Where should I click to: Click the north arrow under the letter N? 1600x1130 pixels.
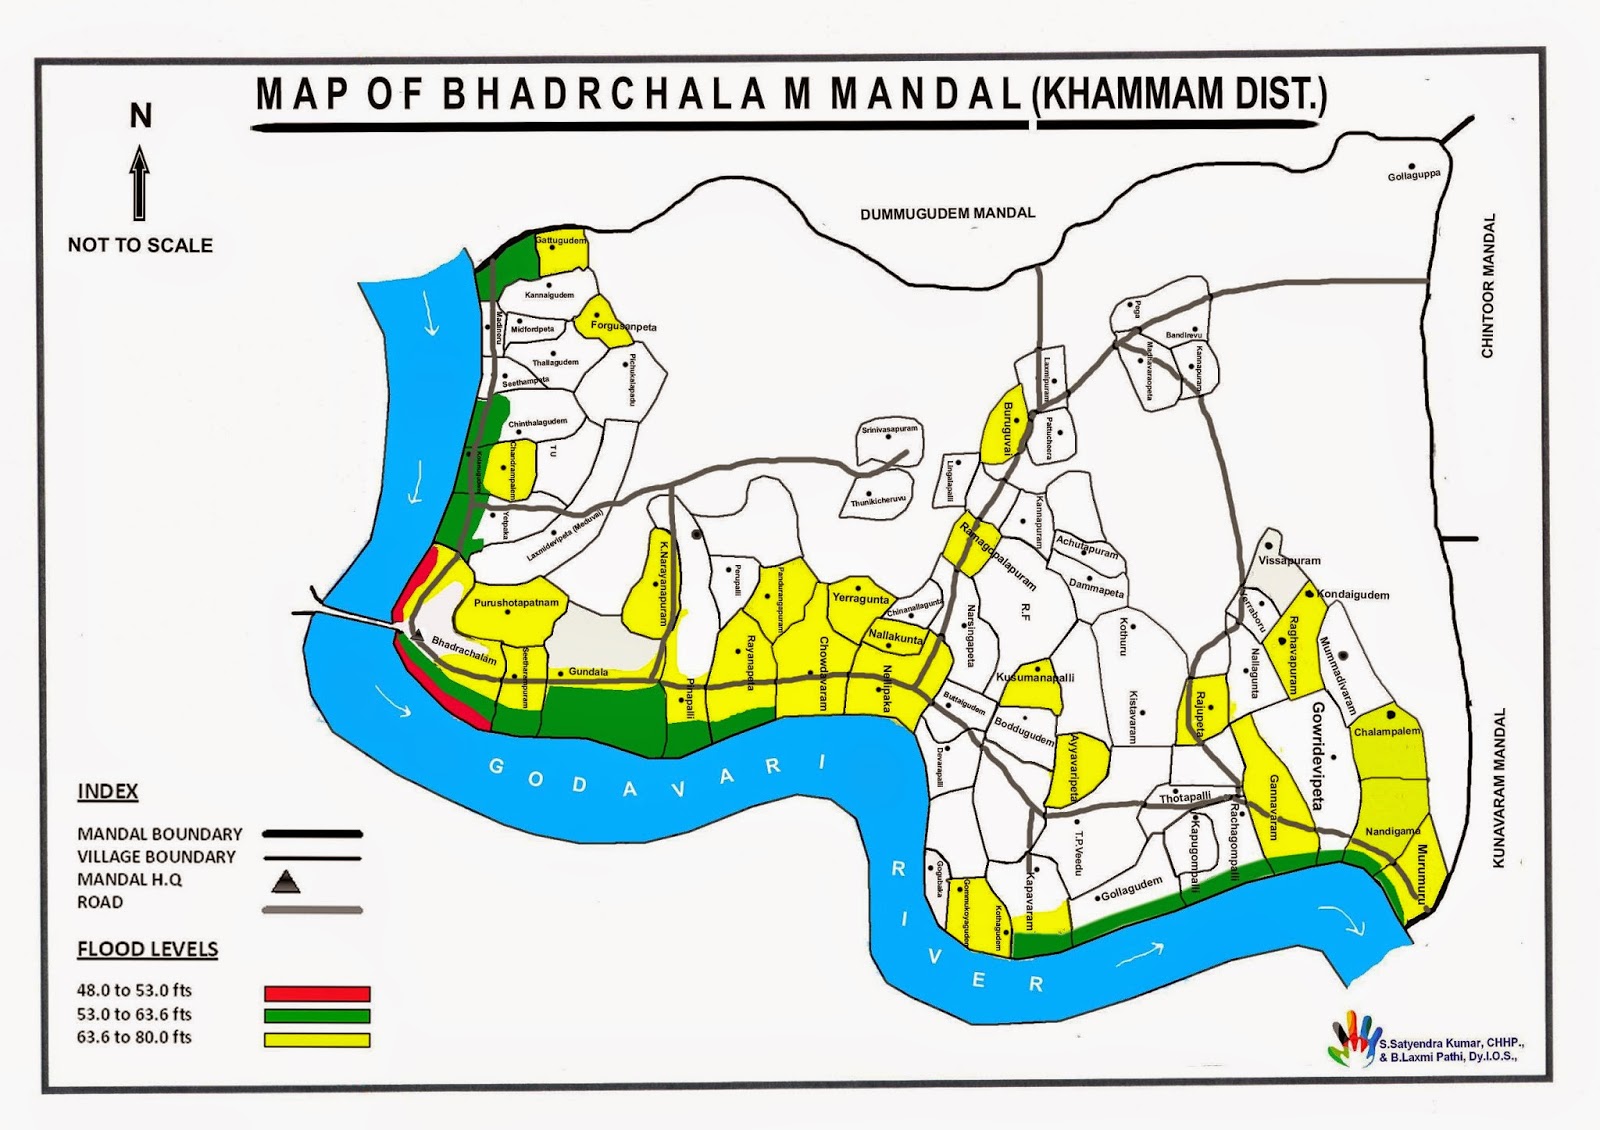pos(140,183)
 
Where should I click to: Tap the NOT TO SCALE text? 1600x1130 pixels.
pos(140,245)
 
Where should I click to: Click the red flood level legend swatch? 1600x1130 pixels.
pos(317,993)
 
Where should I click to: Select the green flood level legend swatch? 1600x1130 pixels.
pos(317,1016)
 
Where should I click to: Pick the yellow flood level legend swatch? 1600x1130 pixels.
pos(317,1039)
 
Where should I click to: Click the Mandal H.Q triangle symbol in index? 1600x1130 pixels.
pos(286,881)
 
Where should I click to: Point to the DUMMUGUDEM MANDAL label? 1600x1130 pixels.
pos(947,213)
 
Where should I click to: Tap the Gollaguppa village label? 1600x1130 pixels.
pos(1414,176)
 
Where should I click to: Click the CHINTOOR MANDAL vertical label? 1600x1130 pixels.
pos(1488,285)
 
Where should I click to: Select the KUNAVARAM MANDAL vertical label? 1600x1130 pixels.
pos(1498,788)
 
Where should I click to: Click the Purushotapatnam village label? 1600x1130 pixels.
pos(516,603)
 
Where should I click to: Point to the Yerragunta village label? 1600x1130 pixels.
pos(860,599)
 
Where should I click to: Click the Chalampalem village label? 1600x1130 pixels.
pos(1387,732)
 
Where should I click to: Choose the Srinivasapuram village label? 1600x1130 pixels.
pos(889,430)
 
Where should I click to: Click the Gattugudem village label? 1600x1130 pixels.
pos(561,241)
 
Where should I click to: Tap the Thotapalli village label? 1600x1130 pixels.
pos(1185,797)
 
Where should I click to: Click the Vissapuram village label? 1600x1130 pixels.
pos(1289,561)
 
